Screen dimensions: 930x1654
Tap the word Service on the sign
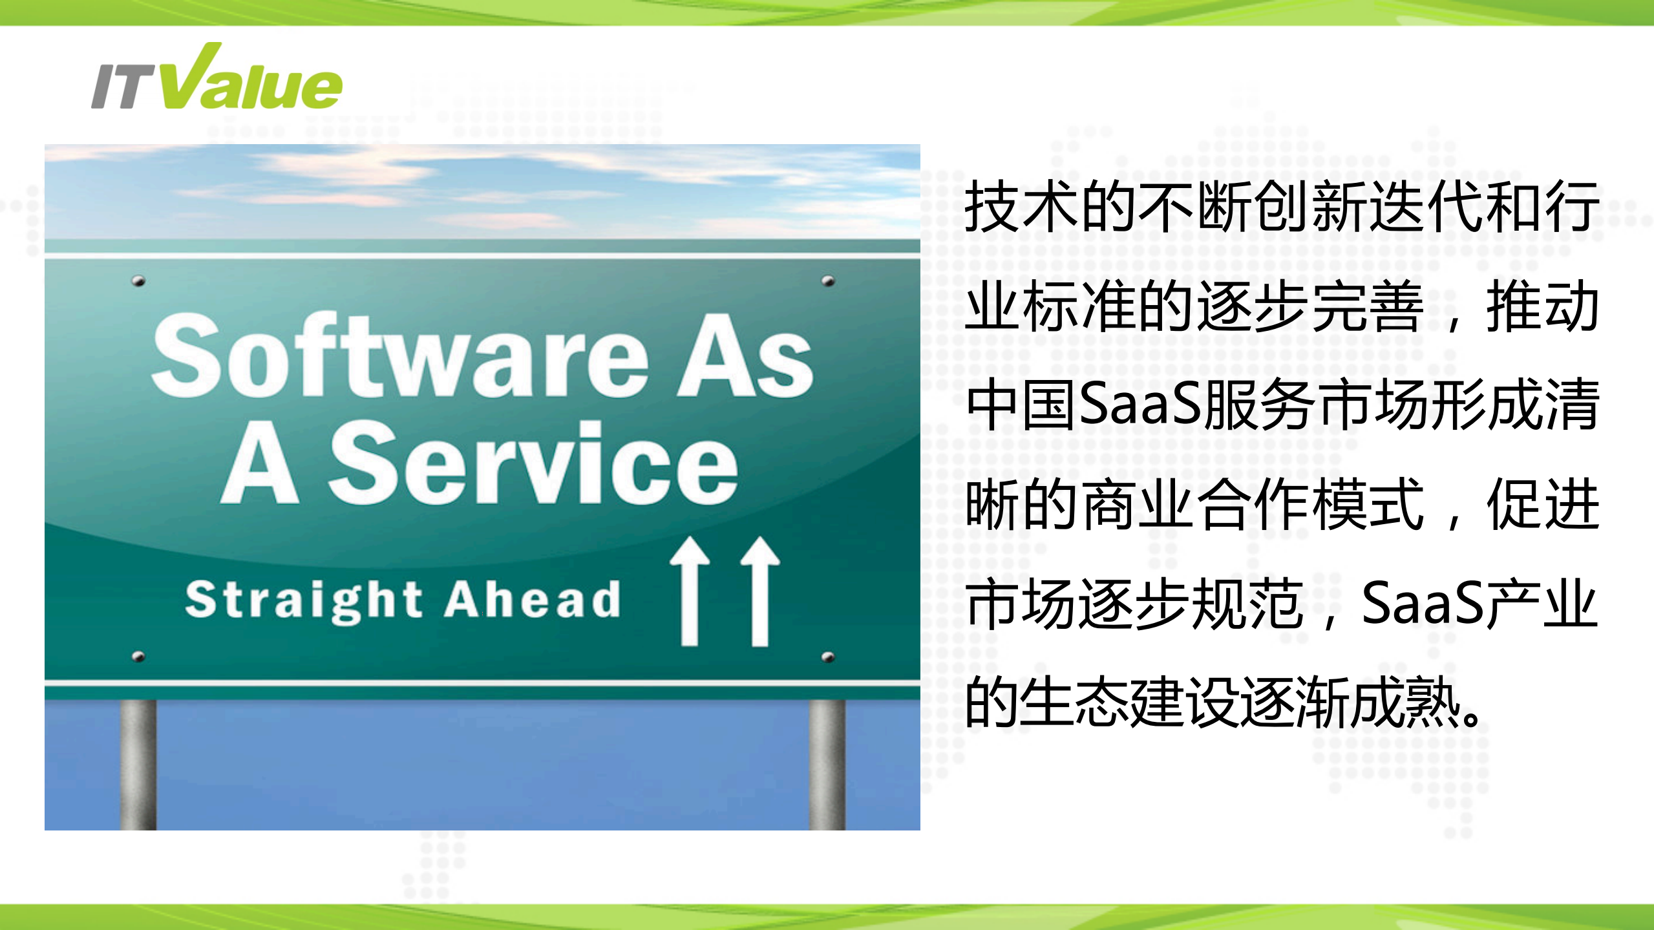coord(533,461)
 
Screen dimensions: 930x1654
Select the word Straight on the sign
coord(304,601)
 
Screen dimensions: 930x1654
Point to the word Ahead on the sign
coord(533,599)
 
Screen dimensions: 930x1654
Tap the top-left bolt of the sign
coord(138,281)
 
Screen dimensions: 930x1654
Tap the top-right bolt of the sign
coord(828,281)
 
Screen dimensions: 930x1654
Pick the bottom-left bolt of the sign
coord(138,657)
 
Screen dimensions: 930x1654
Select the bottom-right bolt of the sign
coord(828,657)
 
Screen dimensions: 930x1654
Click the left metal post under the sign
coord(138,763)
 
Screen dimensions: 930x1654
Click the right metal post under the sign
coord(827,763)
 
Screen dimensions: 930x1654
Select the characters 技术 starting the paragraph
coord(1021,207)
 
